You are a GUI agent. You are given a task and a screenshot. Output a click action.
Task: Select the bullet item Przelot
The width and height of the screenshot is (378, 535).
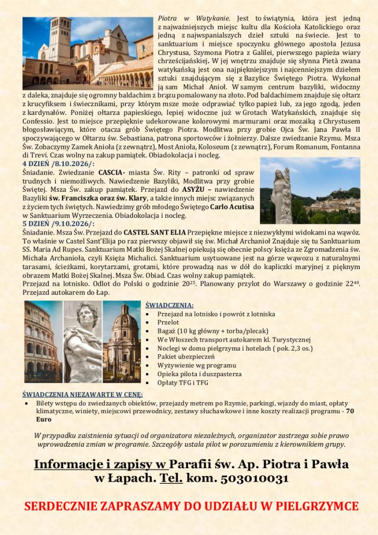pos(168,322)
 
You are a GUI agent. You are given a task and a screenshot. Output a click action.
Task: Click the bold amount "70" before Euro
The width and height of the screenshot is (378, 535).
pos(350,411)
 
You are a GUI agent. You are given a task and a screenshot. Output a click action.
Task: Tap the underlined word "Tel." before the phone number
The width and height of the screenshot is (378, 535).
pos(174,478)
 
